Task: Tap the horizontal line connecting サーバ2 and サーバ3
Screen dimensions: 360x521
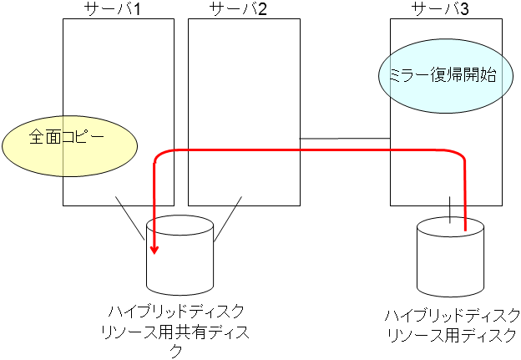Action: [x=345, y=138]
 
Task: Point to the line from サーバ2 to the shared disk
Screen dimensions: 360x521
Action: [x=228, y=219]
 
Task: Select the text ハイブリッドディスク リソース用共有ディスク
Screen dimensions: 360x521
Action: [x=177, y=331]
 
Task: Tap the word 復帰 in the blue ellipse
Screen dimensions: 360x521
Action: [x=441, y=79]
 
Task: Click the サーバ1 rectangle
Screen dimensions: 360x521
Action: [x=119, y=75]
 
